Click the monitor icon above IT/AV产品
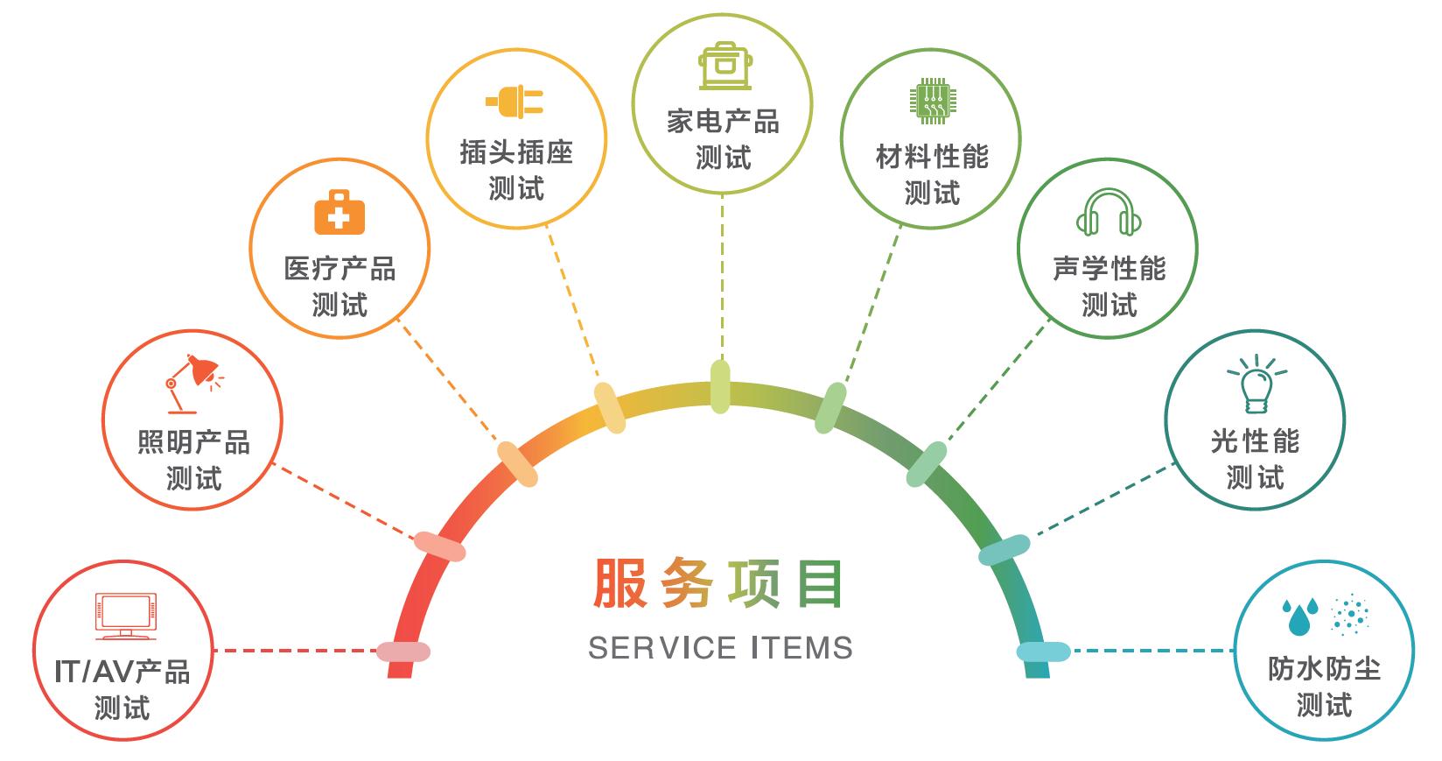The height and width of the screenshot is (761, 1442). (x=125, y=617)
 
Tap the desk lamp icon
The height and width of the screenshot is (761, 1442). (x=193, y=383)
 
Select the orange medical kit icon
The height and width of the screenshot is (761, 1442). (x=339, y=213)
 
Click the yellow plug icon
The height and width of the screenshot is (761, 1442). (x=515, y=102)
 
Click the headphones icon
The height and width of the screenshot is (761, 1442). (x=1109, y=212)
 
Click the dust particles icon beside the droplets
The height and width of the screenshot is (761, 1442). (x=1349, y=614)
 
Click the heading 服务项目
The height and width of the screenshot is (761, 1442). (x=719, y=584)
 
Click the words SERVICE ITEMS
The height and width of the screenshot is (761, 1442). (x=720, y=648)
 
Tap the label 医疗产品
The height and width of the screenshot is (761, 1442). (x=339, y=268)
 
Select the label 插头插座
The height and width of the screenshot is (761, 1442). (x=516, y=152)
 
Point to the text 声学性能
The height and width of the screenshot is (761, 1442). (x=1109, y=268)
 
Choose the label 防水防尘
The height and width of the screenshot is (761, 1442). (x=1324, y=668)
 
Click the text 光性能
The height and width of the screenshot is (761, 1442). (x=1255, y=440)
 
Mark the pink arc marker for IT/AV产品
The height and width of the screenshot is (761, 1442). (x=403, y=652)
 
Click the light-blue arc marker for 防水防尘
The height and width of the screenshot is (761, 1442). (x=1043, y=652)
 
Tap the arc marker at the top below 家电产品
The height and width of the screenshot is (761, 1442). (x=720, y=386)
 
